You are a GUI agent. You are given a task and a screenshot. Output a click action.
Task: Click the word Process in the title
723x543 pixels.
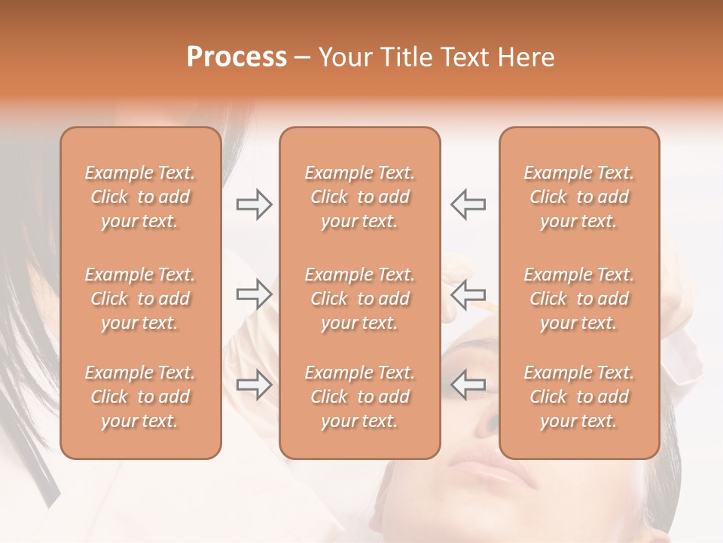pyautogui.click(x=236, y=57)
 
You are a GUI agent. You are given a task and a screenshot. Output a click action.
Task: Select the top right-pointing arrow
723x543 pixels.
pyautogui.click(x=254, y=204)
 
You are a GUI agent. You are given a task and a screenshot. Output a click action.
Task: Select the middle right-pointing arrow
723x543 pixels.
pyautogui.click(x=254, y=294)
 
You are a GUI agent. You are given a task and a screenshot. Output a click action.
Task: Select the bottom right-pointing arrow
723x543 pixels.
pyautogui.click(x=254, y=385)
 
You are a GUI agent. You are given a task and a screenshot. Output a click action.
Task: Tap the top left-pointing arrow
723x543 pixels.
pyautogui.click(x=468, y=204)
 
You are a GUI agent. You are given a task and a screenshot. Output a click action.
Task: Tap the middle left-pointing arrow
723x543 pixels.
pyautogui.click(x=468, y=294)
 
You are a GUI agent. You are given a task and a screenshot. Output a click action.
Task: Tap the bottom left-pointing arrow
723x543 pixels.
pyautogui.click(x=468, y=385)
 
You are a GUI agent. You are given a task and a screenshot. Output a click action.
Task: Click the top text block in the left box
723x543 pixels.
pyautogui.click(x=140, y=197)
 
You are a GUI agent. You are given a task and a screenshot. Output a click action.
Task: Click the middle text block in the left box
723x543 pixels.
pyautogui.click(x=140, y=299)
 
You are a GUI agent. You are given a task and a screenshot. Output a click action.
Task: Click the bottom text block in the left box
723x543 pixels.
pyautogui.click(x=140, y=397)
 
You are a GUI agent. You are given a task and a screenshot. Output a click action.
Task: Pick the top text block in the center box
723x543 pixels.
pyautogui.click(x=359, y=197)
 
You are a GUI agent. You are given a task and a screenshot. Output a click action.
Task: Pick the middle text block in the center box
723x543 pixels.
pyautogui.click(x=359, y=299)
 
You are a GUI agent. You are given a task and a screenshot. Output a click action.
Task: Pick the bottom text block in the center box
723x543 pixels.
pyautogui.click(x=359, y=397)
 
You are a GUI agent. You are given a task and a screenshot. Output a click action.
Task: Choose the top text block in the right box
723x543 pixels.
pyautogui.click(x=579, y=197)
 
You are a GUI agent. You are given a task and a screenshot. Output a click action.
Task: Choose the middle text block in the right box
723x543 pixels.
pyautogui.click(x=579, y=299)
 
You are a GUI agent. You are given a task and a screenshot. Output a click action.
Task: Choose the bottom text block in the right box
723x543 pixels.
pyautogui.click(x=579, y=397)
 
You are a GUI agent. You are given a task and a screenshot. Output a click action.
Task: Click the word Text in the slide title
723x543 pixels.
pyautogui.click(x=462, y=57)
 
